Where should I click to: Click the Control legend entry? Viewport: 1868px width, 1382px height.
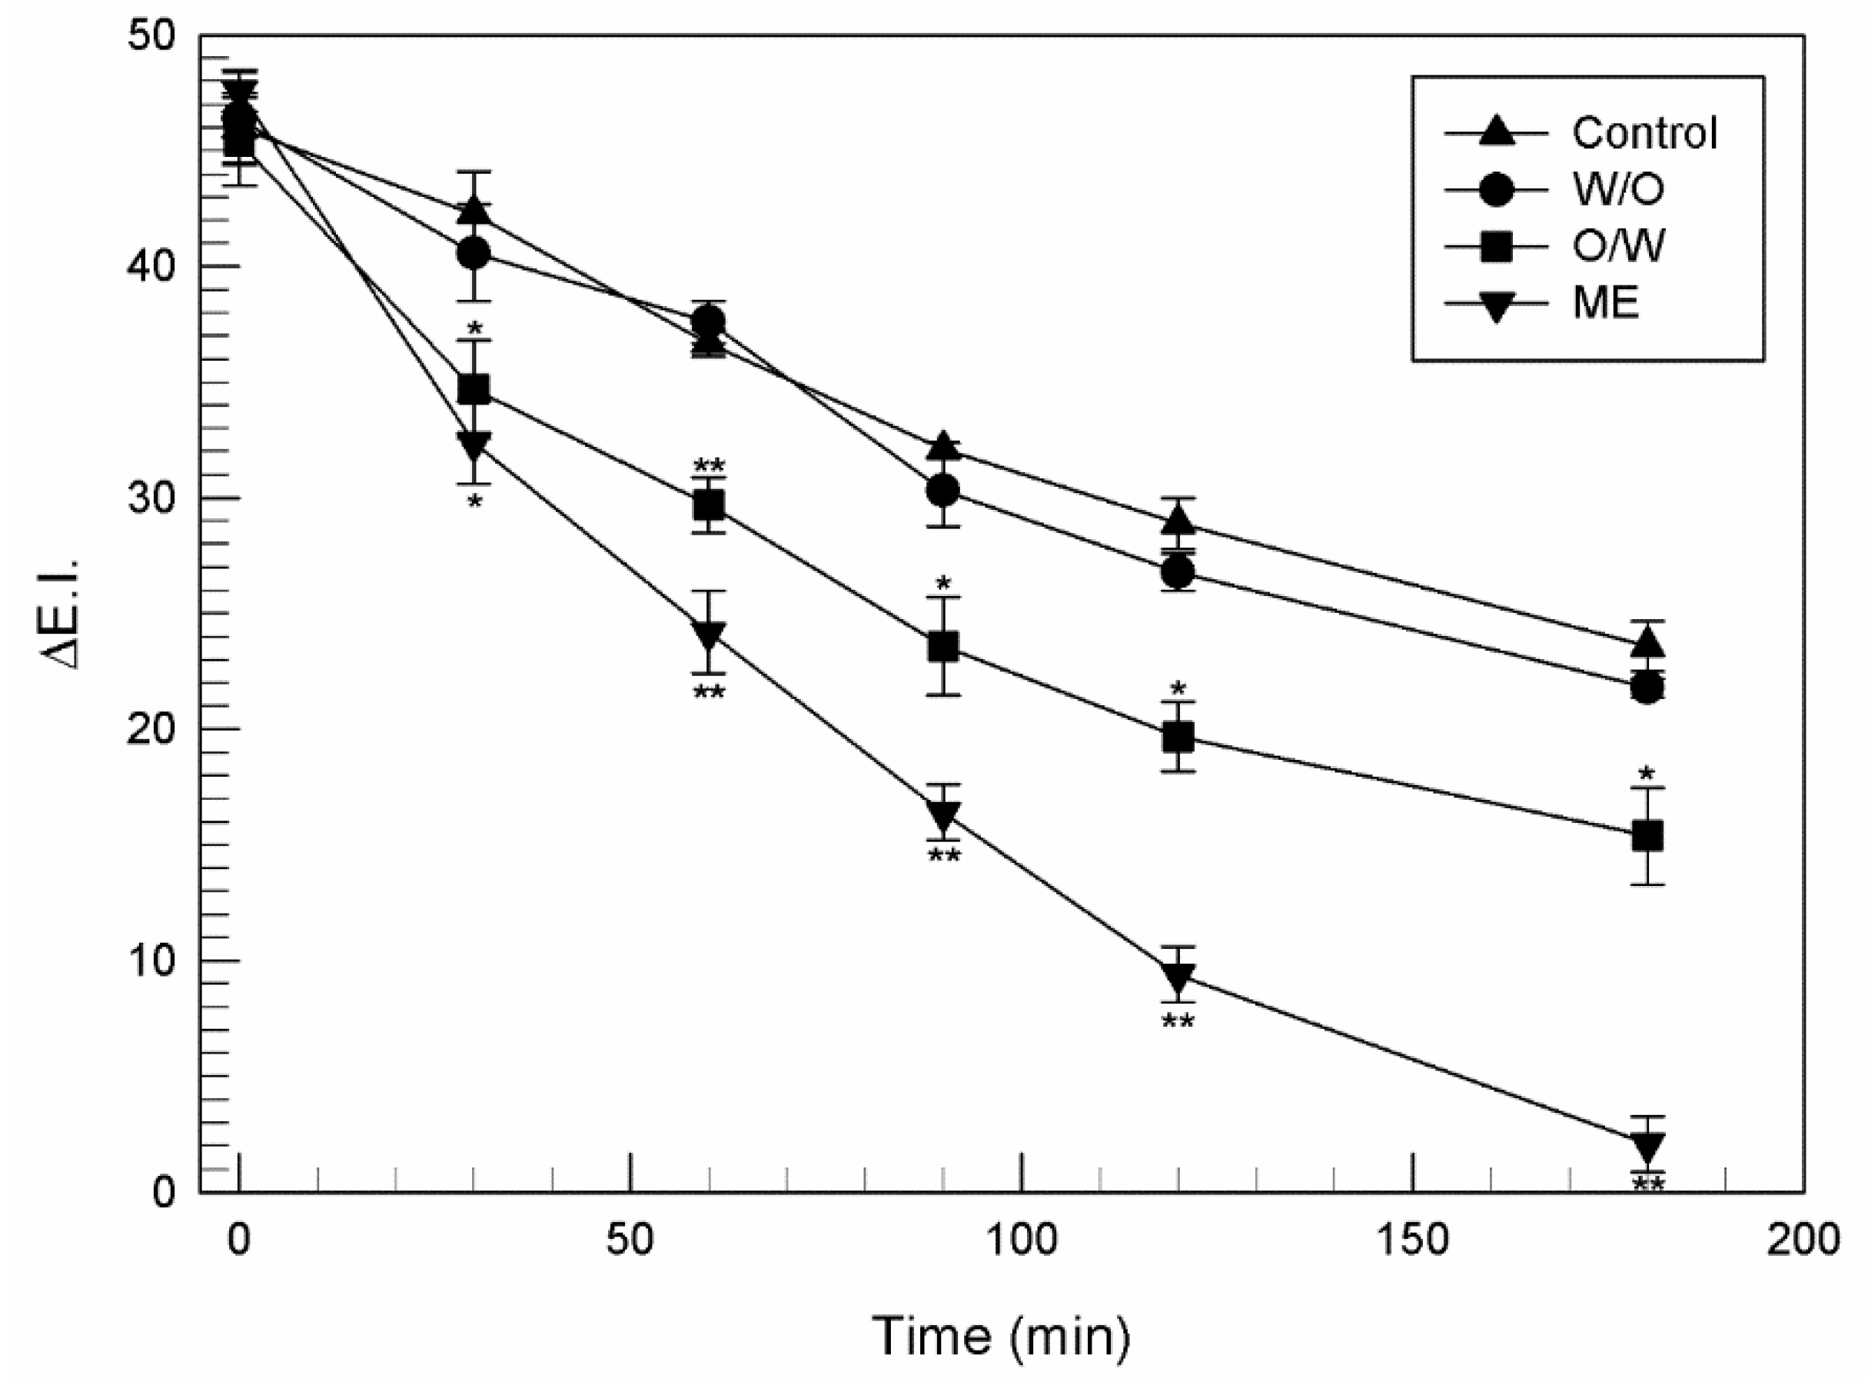1643,133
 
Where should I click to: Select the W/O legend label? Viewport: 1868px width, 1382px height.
1617,189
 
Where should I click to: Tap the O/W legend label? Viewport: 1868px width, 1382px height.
1617,246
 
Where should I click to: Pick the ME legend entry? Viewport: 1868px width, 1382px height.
1605,303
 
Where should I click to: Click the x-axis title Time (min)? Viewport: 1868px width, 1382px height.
1000,1336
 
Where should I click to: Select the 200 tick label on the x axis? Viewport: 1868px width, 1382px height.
1803,1240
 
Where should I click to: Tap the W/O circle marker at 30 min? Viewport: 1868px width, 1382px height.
474,254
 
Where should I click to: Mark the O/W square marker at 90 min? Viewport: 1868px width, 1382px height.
943,647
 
